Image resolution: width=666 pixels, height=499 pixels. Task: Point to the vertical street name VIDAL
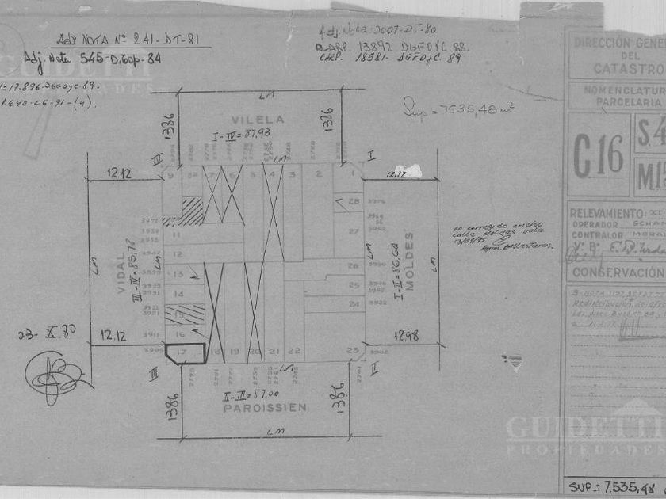pyautogui.click(x=122, y=272)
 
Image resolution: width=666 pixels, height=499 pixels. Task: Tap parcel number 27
pyautogui.click(x=354, y=231)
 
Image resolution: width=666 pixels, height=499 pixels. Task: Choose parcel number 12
pyautogui.click(x=178, y=254)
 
